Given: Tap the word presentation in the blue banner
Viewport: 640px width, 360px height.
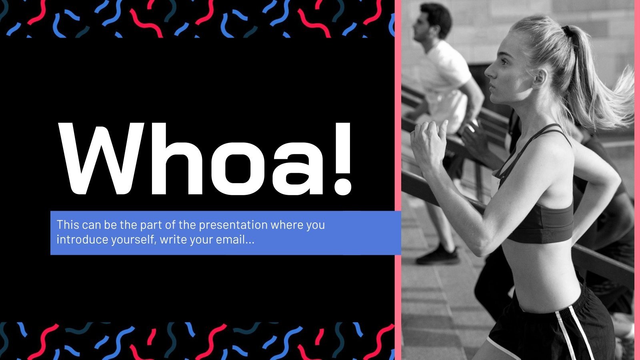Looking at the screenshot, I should point(233,225).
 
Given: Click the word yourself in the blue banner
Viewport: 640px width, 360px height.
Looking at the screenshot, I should point(127,240).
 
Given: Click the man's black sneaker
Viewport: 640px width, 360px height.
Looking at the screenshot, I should point(438,256).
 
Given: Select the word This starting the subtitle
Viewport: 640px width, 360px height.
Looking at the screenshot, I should point(68,225).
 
